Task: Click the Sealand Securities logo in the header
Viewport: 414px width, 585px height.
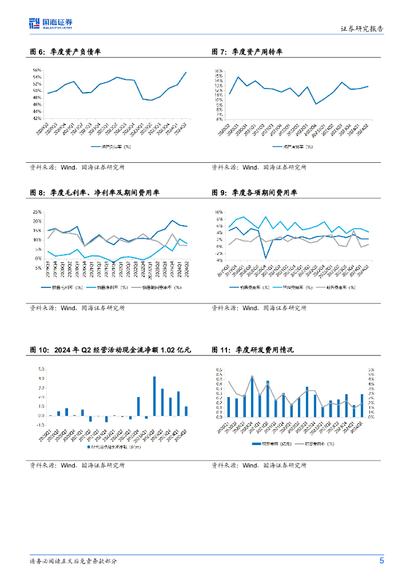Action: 51,23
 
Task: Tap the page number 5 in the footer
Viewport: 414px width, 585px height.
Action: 381,560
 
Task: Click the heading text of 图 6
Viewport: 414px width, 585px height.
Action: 65,52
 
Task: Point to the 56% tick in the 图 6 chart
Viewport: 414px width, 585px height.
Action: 37,70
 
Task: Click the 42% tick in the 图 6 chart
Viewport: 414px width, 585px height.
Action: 37,118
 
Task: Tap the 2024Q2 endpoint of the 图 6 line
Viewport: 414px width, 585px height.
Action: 186,73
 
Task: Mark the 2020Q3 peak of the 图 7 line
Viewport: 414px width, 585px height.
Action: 238,77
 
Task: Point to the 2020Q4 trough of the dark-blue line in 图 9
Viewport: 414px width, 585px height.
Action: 266,258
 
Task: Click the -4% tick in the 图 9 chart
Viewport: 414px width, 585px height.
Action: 218,261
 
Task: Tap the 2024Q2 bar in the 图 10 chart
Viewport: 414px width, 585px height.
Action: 186,411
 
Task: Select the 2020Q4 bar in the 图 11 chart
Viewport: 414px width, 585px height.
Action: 252,396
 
